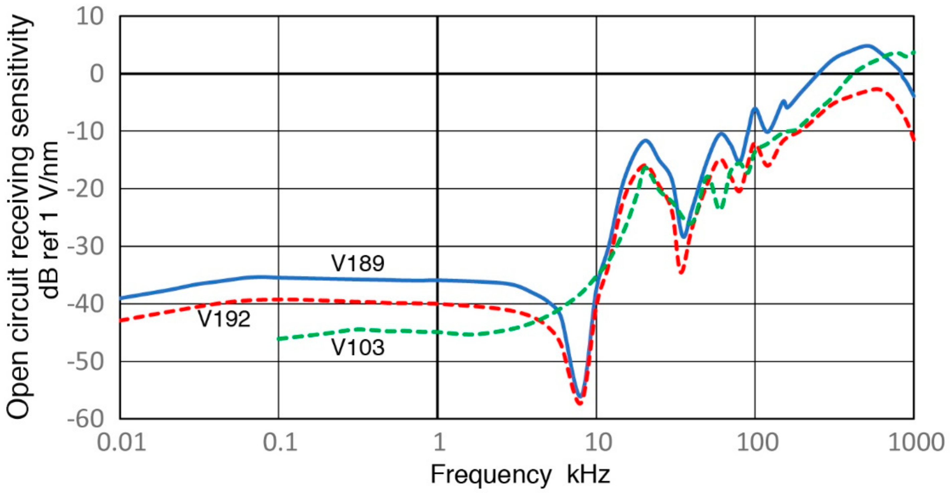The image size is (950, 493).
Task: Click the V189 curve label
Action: [357, 263]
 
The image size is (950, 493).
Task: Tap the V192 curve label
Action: [224, 319]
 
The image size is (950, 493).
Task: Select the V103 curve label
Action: [357, 347]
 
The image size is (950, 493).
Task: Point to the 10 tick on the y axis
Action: [90, 17]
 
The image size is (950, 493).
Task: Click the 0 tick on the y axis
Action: [97, 74]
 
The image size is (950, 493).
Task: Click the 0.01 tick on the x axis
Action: [121, 442]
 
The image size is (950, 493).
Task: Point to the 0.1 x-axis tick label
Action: [280, 442]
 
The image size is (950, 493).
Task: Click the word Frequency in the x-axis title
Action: [490, 474]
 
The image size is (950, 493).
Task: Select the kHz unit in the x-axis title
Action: [588, 474]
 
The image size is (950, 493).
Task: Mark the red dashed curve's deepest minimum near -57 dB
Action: [580, 403]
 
